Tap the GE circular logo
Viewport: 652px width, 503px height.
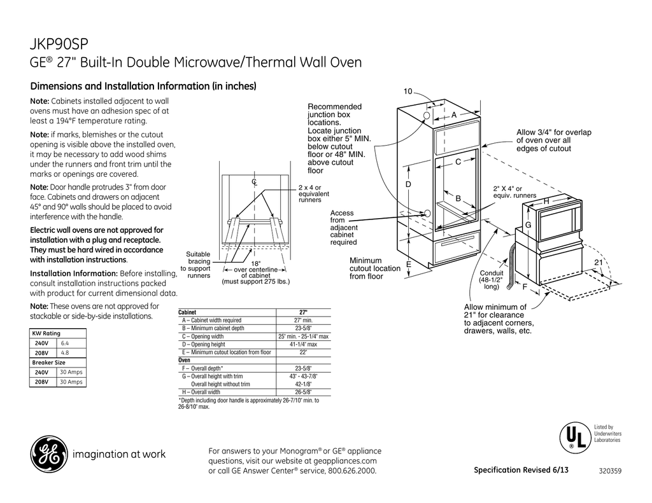point(48,455)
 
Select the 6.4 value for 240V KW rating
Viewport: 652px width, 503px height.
point(65,343)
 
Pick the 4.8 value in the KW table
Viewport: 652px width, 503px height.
point(65,352)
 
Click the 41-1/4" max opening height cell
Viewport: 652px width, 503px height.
point(303,344)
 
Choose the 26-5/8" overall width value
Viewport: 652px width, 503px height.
point(303,392)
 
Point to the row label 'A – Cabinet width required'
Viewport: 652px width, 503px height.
point(211,320)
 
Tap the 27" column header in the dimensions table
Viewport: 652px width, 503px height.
point(303,312)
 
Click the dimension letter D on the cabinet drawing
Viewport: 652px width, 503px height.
point(409,184)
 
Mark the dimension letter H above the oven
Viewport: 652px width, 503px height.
point(546,202)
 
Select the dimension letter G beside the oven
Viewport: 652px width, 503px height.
point(528,226)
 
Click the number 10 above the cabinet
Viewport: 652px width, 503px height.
point(408,93)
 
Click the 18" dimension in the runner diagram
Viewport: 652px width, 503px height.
point(255,263)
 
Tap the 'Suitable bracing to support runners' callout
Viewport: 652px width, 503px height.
point(198,265)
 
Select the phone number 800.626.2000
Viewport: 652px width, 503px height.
point(352,471)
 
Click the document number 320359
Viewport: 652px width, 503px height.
point(611,471)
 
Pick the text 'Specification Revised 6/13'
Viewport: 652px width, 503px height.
point(521,470)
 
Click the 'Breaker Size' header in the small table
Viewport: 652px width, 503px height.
point(49,362)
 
